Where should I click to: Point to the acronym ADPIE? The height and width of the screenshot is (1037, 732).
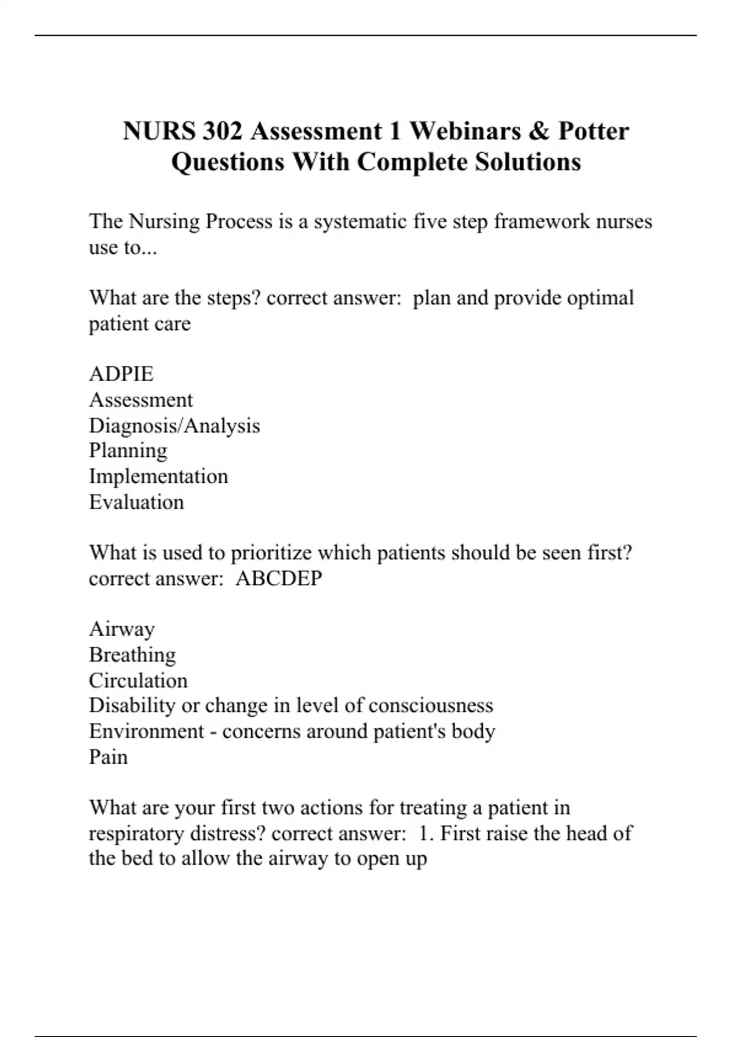coord(121,373)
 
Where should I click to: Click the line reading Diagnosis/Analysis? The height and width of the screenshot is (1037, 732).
coord(174,425)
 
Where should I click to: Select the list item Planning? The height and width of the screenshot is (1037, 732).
coord(128,451)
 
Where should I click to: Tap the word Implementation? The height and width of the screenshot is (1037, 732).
coord(159,476)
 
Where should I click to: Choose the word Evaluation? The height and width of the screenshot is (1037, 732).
coord(137,502)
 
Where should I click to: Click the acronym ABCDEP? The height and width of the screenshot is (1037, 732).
coord(279,578)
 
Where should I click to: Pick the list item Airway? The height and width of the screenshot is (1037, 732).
coord(122,629)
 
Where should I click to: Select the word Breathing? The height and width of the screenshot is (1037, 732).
coord(132,655)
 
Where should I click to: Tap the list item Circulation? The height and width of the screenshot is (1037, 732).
coord(138,680)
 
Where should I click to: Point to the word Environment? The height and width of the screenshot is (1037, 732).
coord(146,731)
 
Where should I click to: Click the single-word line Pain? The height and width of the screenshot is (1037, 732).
coord(109,757)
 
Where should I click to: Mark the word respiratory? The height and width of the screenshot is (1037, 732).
coord(137,833)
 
